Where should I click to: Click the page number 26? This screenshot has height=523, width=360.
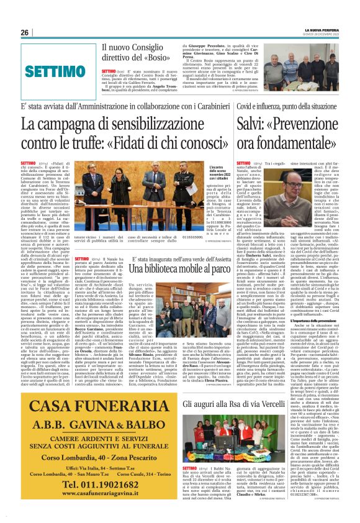[x=25, y=32]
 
